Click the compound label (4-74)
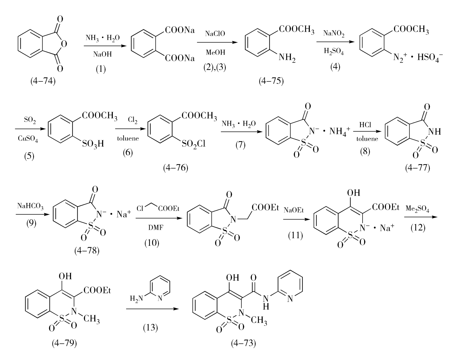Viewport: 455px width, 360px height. tap(43, 81)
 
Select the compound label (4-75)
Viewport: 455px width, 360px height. tap(271, 81)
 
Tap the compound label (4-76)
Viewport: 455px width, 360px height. tap(176, 168)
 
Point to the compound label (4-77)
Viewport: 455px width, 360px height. tap(418, 167)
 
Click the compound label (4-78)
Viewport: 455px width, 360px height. tap(87, 251)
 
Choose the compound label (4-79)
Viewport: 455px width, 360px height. tap(64, 343)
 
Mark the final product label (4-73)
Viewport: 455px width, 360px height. tap(243, 343)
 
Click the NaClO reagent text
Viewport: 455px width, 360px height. tap(215, 34)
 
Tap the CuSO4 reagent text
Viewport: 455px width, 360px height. tap(28, 138)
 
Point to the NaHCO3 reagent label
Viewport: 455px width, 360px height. tap(31, 206)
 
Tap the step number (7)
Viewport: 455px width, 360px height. tap(240, 145)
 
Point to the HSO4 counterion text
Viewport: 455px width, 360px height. tap(430, 57)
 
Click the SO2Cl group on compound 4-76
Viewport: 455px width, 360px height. tap(194, 144)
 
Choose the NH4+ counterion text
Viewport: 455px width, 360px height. tap(339, 131)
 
